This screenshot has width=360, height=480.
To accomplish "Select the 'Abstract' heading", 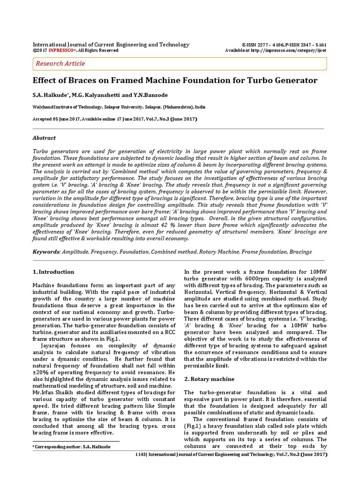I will click(x=44, y=138).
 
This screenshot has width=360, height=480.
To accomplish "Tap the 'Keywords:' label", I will click(x=46, y=252).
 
